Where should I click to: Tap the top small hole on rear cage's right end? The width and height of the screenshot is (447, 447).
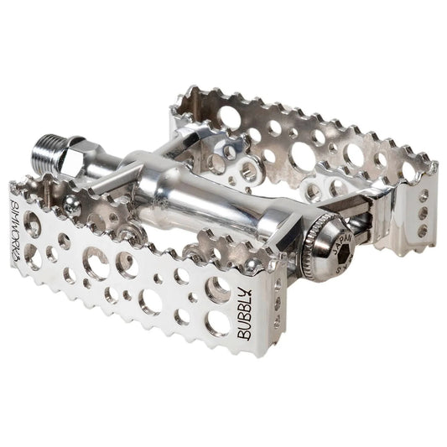click(x=422, y=195)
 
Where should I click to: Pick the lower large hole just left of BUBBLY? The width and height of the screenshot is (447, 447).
click(x=216, y=321)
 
